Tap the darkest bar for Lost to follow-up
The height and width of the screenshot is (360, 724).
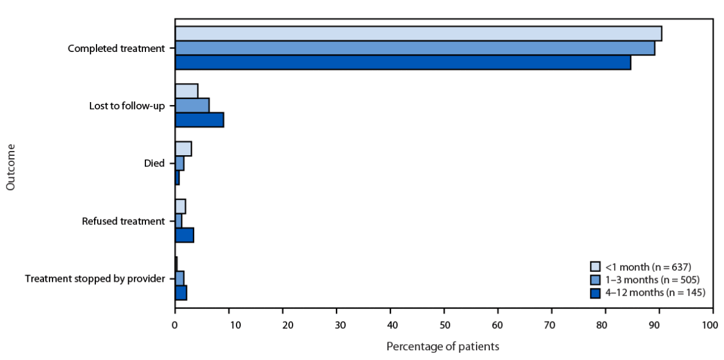pyautogui.click(x=199, y=120)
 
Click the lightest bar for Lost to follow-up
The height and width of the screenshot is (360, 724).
pyautogui.click(x=186, y=91)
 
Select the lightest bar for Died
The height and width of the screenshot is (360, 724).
pyautogui.click(x=183, y=149)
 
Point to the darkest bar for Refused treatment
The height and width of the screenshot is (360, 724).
pyautogui.click(x=185, y=235)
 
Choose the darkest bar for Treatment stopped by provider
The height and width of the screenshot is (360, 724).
pyautogui.click(x=181, y=293)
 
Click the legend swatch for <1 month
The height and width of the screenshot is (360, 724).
pyautogui.click(x=595, y=266)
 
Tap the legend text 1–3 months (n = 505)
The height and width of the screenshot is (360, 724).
pyautogui.click(x=652, y=279)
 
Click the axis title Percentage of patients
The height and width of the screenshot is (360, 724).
pyautogui.click(x=443, y=347)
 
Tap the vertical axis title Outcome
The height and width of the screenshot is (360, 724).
pyautogui.click(x=11, y=166)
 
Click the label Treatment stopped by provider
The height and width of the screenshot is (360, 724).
pyautogui.click(x=95, y=279)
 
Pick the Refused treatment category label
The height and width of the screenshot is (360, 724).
pyautogui.click(x=123, y=221)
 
